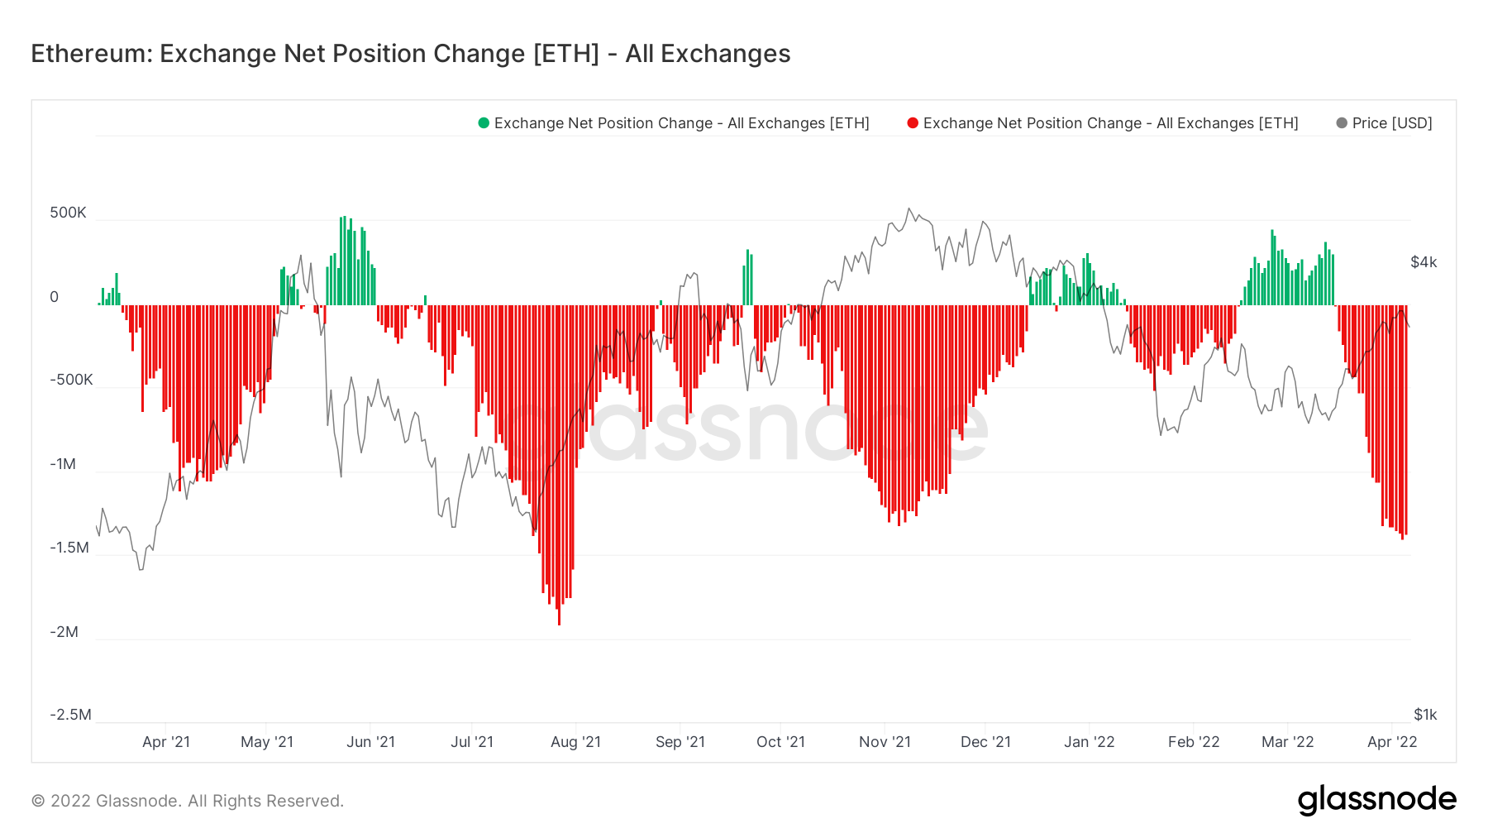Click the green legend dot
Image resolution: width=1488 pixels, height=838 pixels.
(x=484, y=123)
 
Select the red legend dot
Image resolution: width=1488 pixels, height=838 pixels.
(x=913, y=123)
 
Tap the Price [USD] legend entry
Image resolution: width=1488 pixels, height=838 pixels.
(x=1391, y=123)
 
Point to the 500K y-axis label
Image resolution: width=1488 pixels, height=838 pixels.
(x=68, y=213)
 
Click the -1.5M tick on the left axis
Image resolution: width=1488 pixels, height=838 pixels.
(x=69, y=548)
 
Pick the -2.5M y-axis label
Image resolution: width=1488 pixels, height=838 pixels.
(x=70, y=715)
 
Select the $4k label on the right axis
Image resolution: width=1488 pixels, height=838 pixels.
(x=1424, y=262)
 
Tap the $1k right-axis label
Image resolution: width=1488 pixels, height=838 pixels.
(x=1425, y=715)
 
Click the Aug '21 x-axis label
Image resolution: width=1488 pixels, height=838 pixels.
(x=575, y=742)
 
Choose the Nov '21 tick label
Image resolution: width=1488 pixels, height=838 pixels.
(x=885, y=742)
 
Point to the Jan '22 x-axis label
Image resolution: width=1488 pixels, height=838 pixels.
(x=1089, y=742)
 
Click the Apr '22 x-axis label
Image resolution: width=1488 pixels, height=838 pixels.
(x=1392, y=742)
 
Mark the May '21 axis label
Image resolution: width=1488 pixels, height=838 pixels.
(x=267, y=742)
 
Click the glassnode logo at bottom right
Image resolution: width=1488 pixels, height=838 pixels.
(x=1376, y=800)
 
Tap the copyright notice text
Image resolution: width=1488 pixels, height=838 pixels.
(x=188, y=801)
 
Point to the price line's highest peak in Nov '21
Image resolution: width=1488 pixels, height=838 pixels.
(x=909, y=208)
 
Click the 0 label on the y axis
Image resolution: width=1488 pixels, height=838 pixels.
(x=55, y=297)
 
